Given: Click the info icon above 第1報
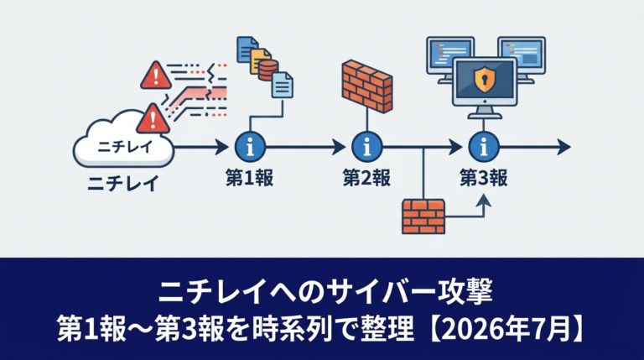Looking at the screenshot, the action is pos(250,147).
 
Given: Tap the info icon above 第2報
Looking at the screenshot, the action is pos(366,147).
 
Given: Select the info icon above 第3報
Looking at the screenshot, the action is pos(484,147).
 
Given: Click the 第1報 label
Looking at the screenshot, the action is pos(249,179).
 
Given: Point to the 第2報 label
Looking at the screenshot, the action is pos(366,179).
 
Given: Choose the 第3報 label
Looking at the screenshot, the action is pos(483,179).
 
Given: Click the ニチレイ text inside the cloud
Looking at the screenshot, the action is pos(124,147).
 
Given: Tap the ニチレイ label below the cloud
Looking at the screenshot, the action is pos(123,182).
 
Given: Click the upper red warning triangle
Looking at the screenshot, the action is pos(156,76).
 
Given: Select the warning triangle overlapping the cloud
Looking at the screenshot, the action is pos(153,119).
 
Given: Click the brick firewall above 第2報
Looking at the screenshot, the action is pos(366,86).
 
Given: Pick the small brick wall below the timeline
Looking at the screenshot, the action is pos(423,217).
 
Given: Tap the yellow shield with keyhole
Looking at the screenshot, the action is pos(484,80).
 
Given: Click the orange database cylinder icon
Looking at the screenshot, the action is pos(268,70).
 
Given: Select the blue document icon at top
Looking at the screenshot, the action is pos(247,50).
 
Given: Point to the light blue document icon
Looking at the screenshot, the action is pos(282,85).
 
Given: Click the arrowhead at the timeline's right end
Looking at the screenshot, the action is pos(563,147).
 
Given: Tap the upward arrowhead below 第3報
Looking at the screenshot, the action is pos(484,200).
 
